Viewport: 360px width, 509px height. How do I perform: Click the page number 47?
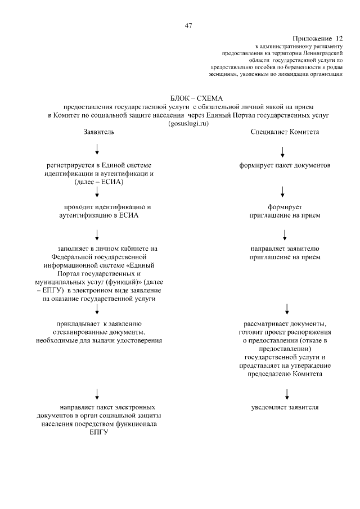point(188,25)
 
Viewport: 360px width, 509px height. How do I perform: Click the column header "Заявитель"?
point(98,132)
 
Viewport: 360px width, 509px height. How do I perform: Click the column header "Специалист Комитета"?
point(285,132)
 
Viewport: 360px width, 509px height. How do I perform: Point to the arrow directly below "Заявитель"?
point(98,148)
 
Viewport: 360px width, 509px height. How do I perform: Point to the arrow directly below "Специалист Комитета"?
point(282,151)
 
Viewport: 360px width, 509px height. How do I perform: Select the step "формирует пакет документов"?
point(284,165)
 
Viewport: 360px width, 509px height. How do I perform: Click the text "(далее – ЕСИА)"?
point(98,182)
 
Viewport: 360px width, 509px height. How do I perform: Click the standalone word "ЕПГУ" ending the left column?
point(98,432)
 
